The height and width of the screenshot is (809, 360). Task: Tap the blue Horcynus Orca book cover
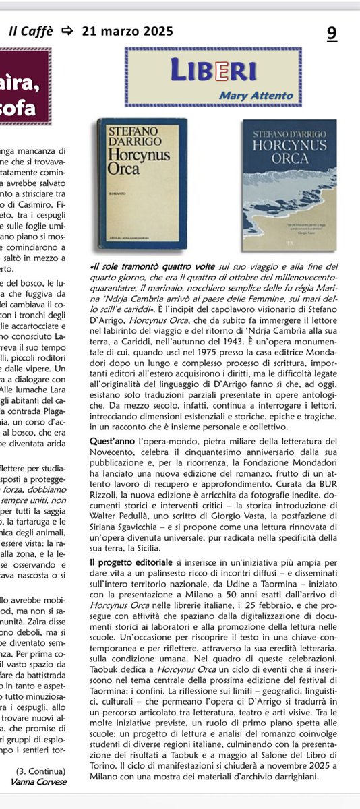tap(289, 185)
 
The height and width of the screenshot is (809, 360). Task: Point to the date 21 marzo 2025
tap(127, 31)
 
